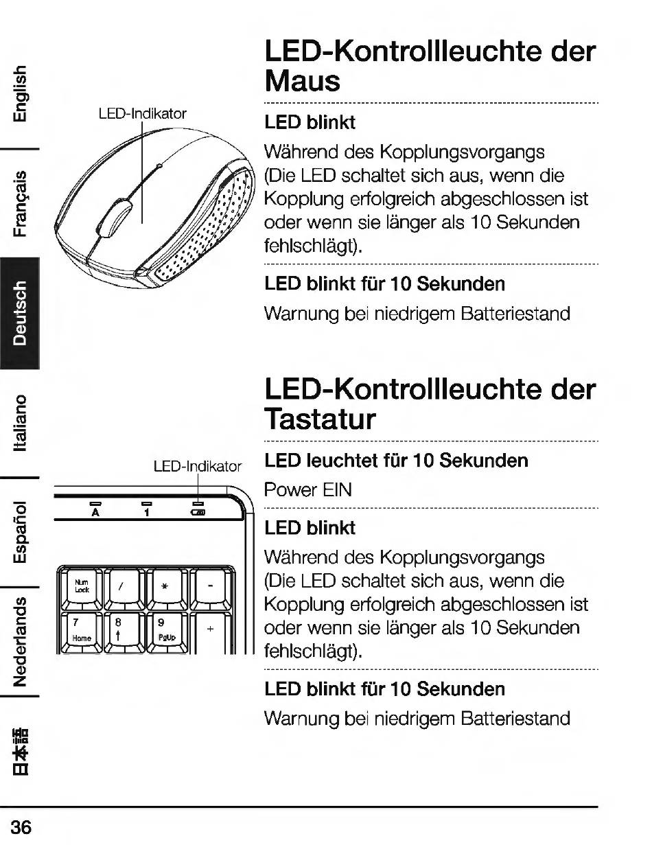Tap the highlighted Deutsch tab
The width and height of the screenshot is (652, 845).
[21, 312]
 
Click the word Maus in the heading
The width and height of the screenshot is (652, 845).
[302, 81]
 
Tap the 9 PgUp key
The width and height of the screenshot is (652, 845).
[167, 628]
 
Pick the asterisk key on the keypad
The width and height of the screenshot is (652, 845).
[167, 586]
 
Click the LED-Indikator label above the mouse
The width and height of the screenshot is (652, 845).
[143, 113]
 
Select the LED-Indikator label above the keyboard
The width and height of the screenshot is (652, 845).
[198, 467]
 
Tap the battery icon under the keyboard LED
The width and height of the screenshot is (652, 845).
[198, 511]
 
